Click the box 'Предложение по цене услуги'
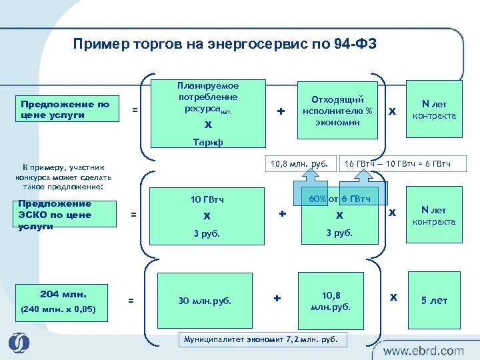pos(65,110)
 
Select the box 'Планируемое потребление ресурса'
pos(208,107)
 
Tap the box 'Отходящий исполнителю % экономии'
pos(338,110)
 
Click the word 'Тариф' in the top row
pos(208,142)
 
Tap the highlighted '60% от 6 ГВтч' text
pos(340,199)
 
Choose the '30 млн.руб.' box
pos(204,301)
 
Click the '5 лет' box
pos(434,301)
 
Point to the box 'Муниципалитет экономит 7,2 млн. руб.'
pos(262,339)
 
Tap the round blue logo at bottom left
pos(19,343)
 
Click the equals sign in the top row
pos(135,110)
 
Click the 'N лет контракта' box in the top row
pos(434,110)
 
